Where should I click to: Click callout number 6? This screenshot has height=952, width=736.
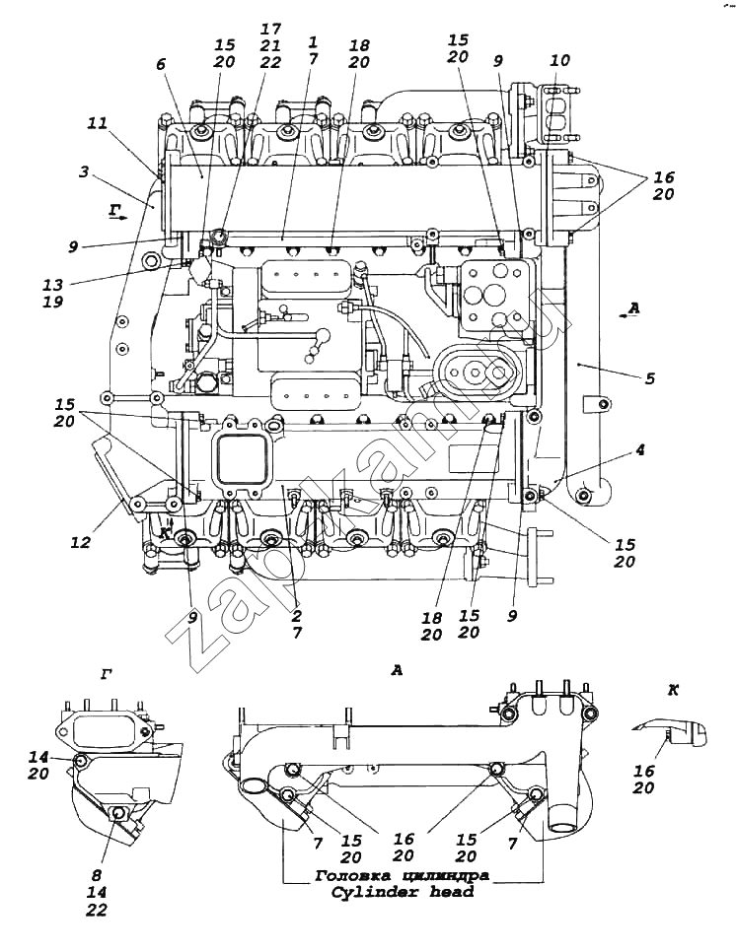pyautogui.click(x=162, y=64)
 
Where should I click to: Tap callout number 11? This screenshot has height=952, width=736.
pyautogui.click(x=96, y=125)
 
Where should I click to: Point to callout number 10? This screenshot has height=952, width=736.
pyautogui.click(x=559, y=61)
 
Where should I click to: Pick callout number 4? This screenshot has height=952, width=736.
pyautogui.click(x=640, y=449)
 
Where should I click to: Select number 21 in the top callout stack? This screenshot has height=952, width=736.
pyautogui.click(x=269, y=46)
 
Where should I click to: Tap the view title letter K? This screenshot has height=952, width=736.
pyautogui.click(x=674, y=691)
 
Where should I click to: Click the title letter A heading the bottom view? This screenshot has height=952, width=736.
pyautogui.click(x=397, y=670)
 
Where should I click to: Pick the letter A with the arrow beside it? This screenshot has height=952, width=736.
pyautogui.click(x=633, y=308)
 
